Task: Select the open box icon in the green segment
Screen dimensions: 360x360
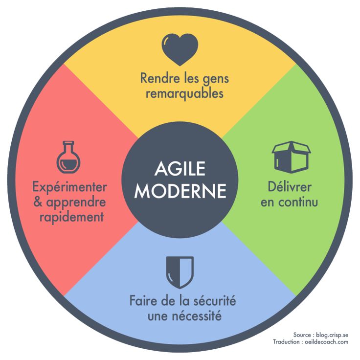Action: [x=291, y=156]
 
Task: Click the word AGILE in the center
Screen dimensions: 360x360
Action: [x=180, y=171]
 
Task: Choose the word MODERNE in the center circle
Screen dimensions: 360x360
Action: [x=180, y=191]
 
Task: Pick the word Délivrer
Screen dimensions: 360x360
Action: [x=289, y=187]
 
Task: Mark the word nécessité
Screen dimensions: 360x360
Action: [x=195, y=316]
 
